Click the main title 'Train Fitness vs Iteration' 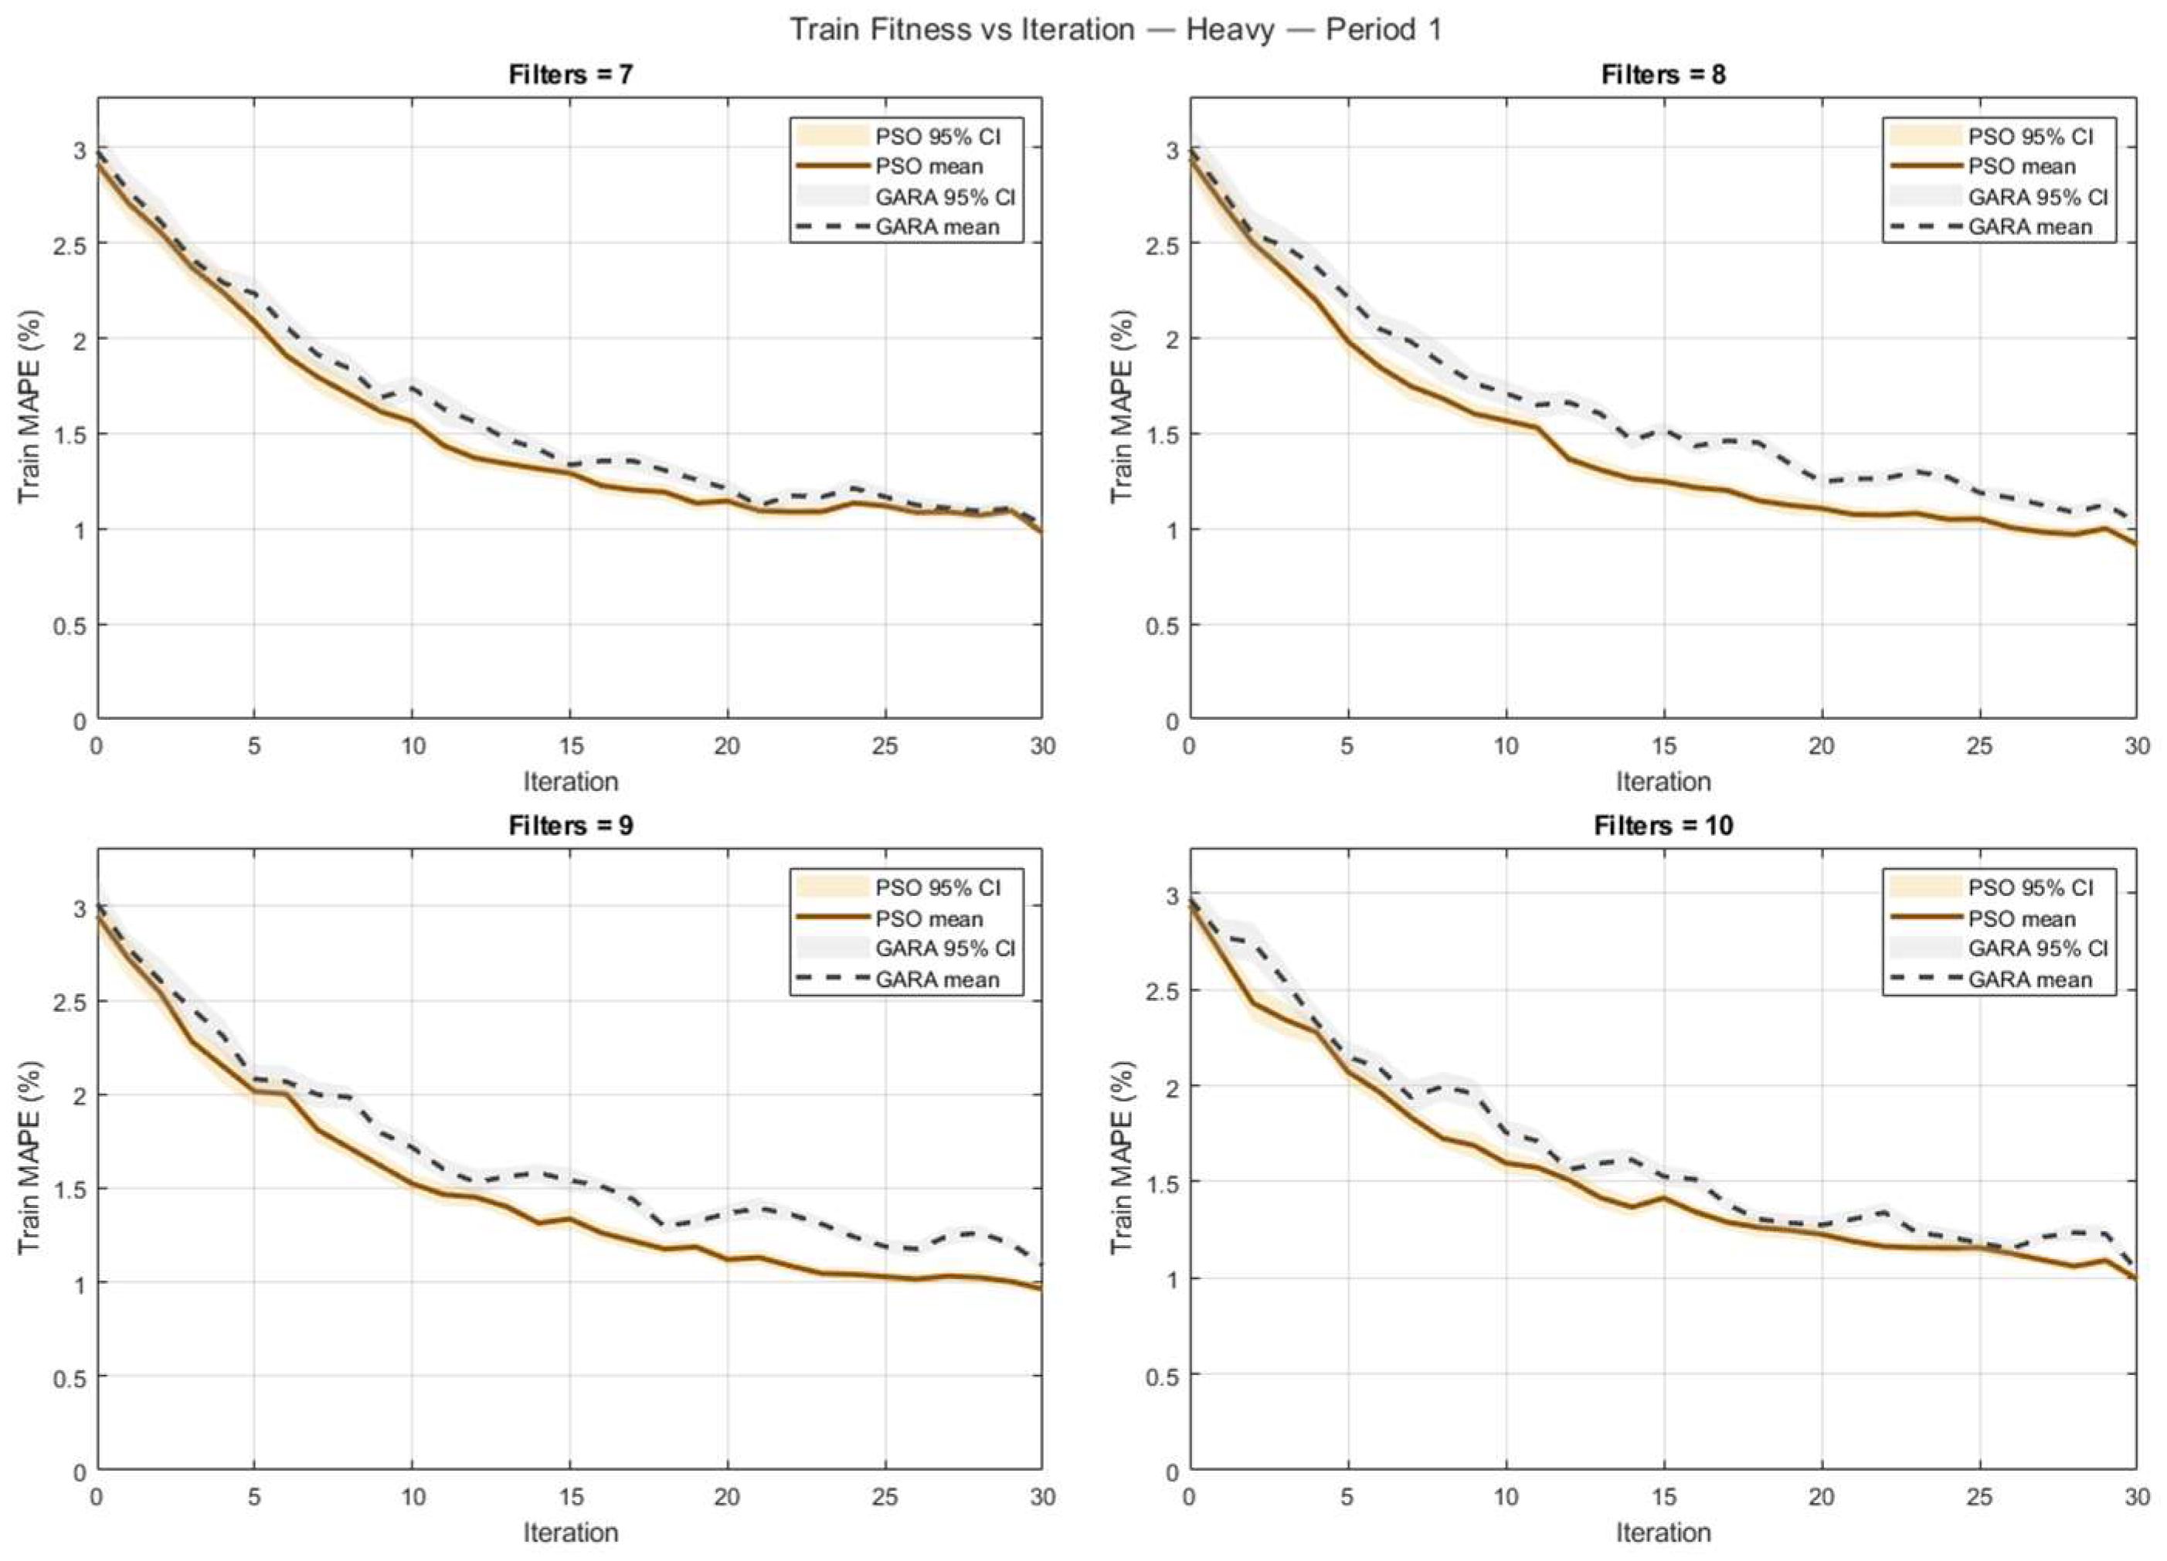pyautogui.click(x=962, y=29)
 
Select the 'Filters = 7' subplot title pyautogui.click(x=570, y=74)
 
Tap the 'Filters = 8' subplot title pyautogui.click(x=1663, y=74)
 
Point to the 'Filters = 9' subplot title pyautogui.click(x=570, y=826)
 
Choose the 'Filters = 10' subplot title pyautogui.click(x=1663, y=826)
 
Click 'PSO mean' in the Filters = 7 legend pyautogui.click(x=929, y=166)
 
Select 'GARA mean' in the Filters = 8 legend pyautogui.click(x=2030, y=227)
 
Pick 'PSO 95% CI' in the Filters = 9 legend pyautogui.click(x=937, y=887)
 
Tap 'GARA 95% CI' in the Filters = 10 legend pyautogui.click(x=2038, y=948)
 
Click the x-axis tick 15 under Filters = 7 pyautogui.click(x=569, y=745)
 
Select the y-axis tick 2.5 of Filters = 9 pyautogui.click(x=67, y=1002)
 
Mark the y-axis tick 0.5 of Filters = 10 pyautogui.click(x=1160, y=1376)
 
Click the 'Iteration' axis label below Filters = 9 pyautogui.click(x=570, y=1532)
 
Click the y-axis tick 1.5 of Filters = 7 pyautogui.click(x=67, y=435)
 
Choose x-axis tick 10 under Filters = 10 pyautogui.click(x=1506, y=1497)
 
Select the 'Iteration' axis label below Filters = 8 pyautogui.click(x=1663, y=782)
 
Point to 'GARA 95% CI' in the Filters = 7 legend pyautogui.click(x=945, y=197)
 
